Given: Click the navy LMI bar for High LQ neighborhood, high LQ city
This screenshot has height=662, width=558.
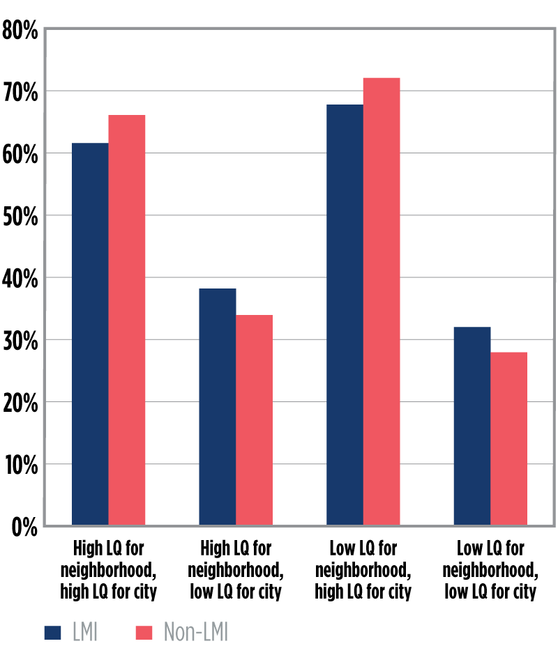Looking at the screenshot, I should coord(90,334).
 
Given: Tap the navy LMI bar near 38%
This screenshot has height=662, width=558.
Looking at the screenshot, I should coord(218,407).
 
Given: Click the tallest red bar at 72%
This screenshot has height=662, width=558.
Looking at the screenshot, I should coord(382,302).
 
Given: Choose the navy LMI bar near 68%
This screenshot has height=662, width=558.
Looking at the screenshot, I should coord(345,315).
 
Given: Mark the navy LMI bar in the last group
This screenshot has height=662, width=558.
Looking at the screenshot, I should coord(472,426).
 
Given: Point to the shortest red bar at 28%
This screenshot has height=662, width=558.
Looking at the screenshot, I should coord(508,439).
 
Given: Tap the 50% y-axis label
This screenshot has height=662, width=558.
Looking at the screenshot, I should coord(20,217).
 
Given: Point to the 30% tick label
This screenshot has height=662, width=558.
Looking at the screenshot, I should coord(20,341).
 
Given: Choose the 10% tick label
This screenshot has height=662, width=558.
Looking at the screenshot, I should coord(20,465).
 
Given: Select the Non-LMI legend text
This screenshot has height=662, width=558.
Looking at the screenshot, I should coord(195,632).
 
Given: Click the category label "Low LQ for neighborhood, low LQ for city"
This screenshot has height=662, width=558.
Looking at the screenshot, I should coord(496,569).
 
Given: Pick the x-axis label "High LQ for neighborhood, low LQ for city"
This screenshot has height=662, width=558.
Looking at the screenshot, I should coord(236,569).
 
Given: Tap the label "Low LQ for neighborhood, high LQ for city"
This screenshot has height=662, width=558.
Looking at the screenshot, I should coord(363,569).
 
